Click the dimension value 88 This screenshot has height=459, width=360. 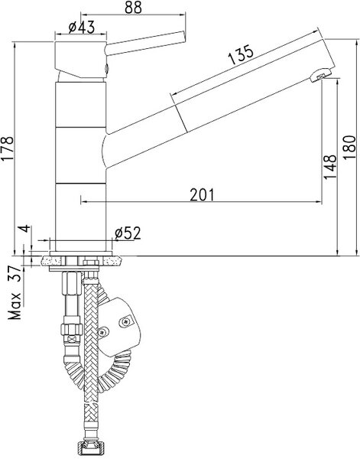[x=133, y=8]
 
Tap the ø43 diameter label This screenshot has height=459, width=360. [x=82, y=28]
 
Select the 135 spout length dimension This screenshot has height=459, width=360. [x=241, y=55]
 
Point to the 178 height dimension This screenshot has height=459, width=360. [x=8, y=148]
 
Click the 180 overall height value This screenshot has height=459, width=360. [x=349, y=147]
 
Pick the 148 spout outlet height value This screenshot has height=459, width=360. [x=329, y=167]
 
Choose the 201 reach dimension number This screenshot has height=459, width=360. [x=202, y=194]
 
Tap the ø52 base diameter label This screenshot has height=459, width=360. [x=128, y=233]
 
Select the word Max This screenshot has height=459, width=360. [x=15, y=305]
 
